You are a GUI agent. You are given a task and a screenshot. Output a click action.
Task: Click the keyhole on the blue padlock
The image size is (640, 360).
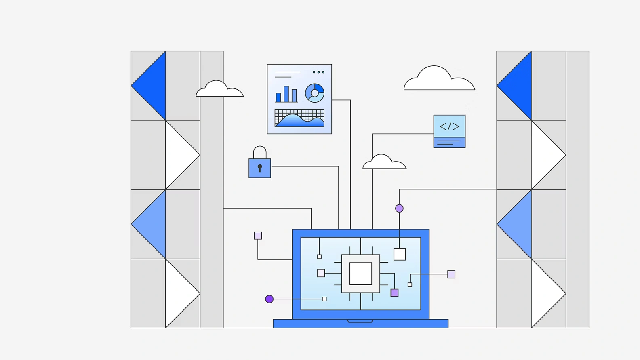(x=260, y=168)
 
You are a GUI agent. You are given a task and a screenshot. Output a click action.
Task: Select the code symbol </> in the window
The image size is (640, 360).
(x=449, y=126)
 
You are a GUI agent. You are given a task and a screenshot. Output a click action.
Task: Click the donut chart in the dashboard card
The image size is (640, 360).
(x=315, y=93)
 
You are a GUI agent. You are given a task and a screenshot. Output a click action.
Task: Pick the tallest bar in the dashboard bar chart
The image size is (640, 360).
(x=286, y=94)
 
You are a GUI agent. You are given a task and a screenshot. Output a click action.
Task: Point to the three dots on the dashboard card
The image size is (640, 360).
(x=318, y=72)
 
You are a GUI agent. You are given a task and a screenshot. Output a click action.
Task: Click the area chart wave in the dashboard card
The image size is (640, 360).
(x=299, y=121)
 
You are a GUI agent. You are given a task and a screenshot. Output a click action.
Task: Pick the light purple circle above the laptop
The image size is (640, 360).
(x=399, y=208)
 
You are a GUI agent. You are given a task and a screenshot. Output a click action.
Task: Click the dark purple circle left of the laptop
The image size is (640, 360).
(x=269, y=299)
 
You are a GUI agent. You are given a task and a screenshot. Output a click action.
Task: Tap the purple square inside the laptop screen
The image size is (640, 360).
(x=394, y=293)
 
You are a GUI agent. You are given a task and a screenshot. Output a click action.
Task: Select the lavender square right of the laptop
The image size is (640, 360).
(x=451, y=274)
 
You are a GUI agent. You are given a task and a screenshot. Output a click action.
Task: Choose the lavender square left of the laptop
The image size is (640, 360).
(x=258, y=236)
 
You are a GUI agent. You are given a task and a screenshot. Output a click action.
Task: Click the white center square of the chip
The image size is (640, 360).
(x=360, y=274)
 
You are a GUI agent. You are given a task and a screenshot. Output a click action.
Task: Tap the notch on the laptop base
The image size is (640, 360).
(x=360, y=321)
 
